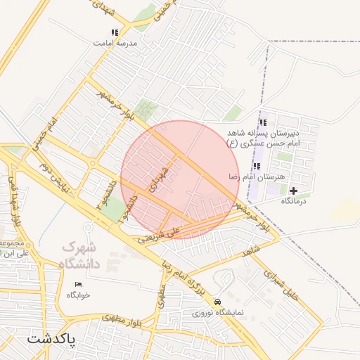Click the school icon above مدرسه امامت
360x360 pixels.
click(114, 32)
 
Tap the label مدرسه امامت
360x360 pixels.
click(114, 42)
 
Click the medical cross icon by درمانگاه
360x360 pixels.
click(293, 191)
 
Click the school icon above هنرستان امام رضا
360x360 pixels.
click(257, 167)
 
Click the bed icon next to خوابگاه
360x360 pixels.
click(78, 284)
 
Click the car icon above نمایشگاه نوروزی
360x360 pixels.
click(221, 299)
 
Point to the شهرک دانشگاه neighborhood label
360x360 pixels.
click(82, 255)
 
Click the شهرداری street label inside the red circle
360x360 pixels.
click(158, 179)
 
